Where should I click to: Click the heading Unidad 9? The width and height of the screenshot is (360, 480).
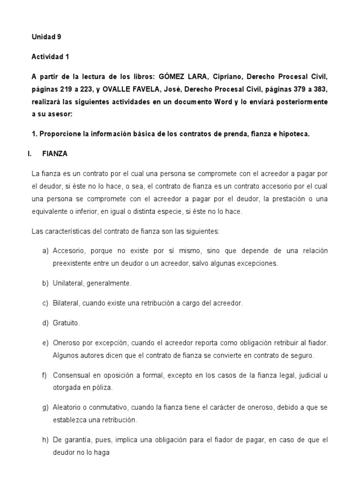click(x=46, y=36)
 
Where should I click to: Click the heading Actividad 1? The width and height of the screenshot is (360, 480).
click(x=50, y=57)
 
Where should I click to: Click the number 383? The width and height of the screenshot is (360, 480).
click(x=320, y=90)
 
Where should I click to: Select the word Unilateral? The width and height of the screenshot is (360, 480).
click(x=68, y=283)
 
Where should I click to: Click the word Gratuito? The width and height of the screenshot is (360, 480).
click(x=66, y=323)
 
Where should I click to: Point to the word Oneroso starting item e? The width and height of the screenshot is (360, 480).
click(x=67, y=343)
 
